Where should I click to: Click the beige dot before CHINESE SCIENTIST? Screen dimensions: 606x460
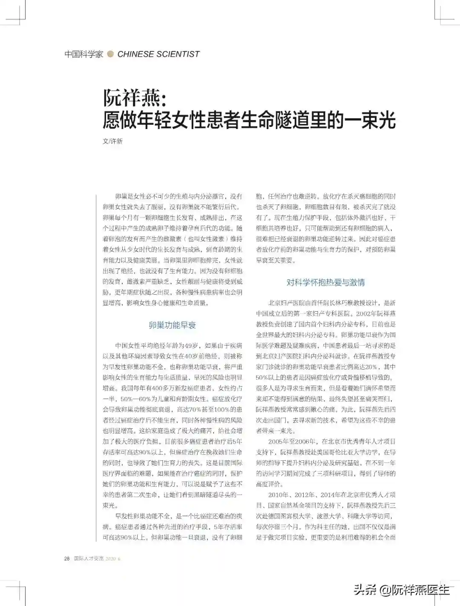pos(111,54)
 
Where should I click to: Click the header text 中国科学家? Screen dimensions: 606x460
pos(84,54)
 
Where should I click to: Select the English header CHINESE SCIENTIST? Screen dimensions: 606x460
pos(158,54)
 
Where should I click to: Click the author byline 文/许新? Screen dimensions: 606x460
pos(112,141)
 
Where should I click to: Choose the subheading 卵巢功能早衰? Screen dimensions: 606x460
pos(172,325)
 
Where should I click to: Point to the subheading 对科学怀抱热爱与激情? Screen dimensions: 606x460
pos(325,282)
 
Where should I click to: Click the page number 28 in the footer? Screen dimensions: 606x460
pos(67,558)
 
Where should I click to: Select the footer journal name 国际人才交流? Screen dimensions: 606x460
pos(89,558)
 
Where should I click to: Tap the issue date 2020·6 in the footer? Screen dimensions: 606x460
pos(113,558)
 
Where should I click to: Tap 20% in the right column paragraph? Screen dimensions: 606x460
pos(371,367)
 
